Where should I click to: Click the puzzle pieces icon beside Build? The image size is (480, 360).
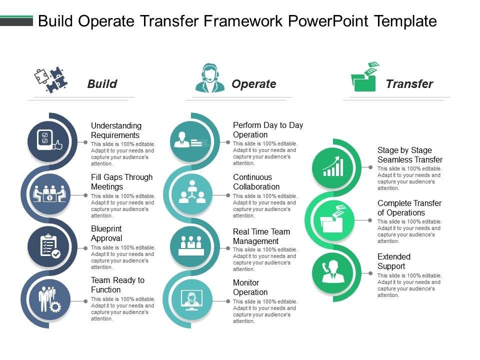50,79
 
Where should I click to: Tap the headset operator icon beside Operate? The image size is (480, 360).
210,78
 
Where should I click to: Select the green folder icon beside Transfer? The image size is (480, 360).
365,77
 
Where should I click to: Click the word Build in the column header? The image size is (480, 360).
102,84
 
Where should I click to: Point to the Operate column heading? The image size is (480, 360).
253,84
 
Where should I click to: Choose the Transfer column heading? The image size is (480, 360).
409,84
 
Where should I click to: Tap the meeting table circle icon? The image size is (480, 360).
49,193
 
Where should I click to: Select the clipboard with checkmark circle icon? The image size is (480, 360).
49,245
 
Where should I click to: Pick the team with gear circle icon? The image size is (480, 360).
49,298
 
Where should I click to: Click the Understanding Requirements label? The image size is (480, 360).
116,130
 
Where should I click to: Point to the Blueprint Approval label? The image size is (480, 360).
106,233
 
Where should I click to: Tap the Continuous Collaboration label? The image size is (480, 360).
256,182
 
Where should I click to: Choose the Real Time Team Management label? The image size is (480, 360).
261,236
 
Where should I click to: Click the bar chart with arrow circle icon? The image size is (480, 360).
333,167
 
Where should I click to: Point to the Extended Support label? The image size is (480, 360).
394,261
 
